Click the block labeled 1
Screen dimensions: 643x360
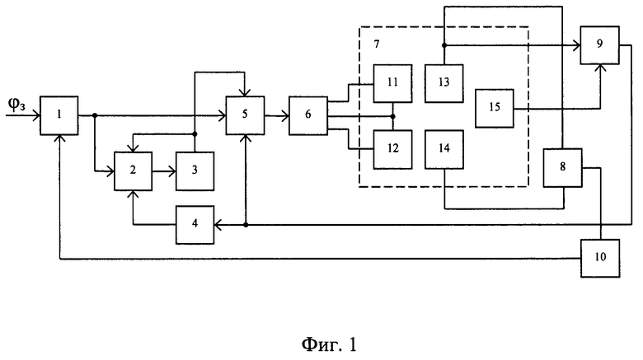[x=59, y=115]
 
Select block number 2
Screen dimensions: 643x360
[x=133, y=171]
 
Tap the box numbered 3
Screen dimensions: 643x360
[x=195, y=171]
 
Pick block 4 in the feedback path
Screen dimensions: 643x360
[x=195, y=225]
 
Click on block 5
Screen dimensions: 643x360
[x=245, y=115]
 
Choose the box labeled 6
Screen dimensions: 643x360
[x=308, y=115]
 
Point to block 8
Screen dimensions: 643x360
[x=562, y=168]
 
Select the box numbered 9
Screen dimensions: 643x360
[x=599, y=45]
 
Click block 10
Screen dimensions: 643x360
[x=600, y=259]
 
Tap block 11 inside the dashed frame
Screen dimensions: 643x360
[x=393, y=83]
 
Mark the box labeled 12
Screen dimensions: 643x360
[x=393, y=150]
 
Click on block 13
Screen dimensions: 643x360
[x=444, y=83]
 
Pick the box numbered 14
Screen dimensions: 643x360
[x=444, y=150]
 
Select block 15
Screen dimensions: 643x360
[x=495, y=108]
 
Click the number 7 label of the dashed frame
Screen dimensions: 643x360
[x=377, y=44]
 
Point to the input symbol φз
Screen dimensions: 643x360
[x=16, y=105]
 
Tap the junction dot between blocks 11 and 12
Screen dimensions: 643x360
[x=393, y=116]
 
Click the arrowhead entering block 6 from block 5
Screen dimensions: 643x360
[x=285, y=116]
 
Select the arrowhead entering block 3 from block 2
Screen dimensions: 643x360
[x=171, y=171]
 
